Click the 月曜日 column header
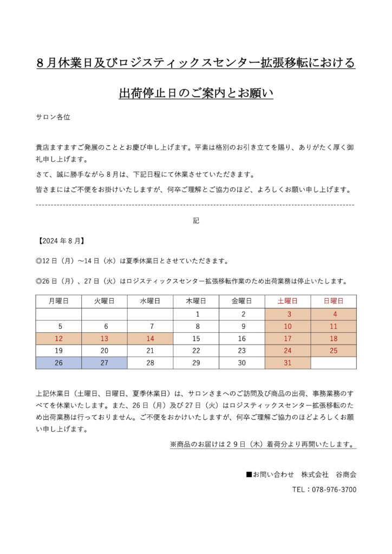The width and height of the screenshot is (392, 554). [58, 301]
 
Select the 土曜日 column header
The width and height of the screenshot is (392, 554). [288, 301]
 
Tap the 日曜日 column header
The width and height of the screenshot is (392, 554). [334, 301]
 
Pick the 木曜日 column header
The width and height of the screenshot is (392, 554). [196, 301]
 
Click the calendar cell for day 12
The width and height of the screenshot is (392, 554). [58, 339]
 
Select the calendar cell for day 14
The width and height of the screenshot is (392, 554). [150, 339]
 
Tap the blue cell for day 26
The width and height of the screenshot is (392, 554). [58, 363]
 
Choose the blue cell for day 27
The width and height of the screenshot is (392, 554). [104, 363]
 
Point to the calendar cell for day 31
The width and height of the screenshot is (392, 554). [288, 363]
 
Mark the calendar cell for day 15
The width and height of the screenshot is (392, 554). [196, 339]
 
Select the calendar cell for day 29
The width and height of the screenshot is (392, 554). [196, 363]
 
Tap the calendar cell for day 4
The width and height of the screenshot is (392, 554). [334, 314]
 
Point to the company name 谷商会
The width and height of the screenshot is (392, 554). [346, 474]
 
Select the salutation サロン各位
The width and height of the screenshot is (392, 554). [53, 116]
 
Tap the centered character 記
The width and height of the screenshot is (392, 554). [196, 221]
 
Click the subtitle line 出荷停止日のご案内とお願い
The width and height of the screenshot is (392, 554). [196, 93]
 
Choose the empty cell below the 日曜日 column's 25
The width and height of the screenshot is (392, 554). [334, 363]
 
